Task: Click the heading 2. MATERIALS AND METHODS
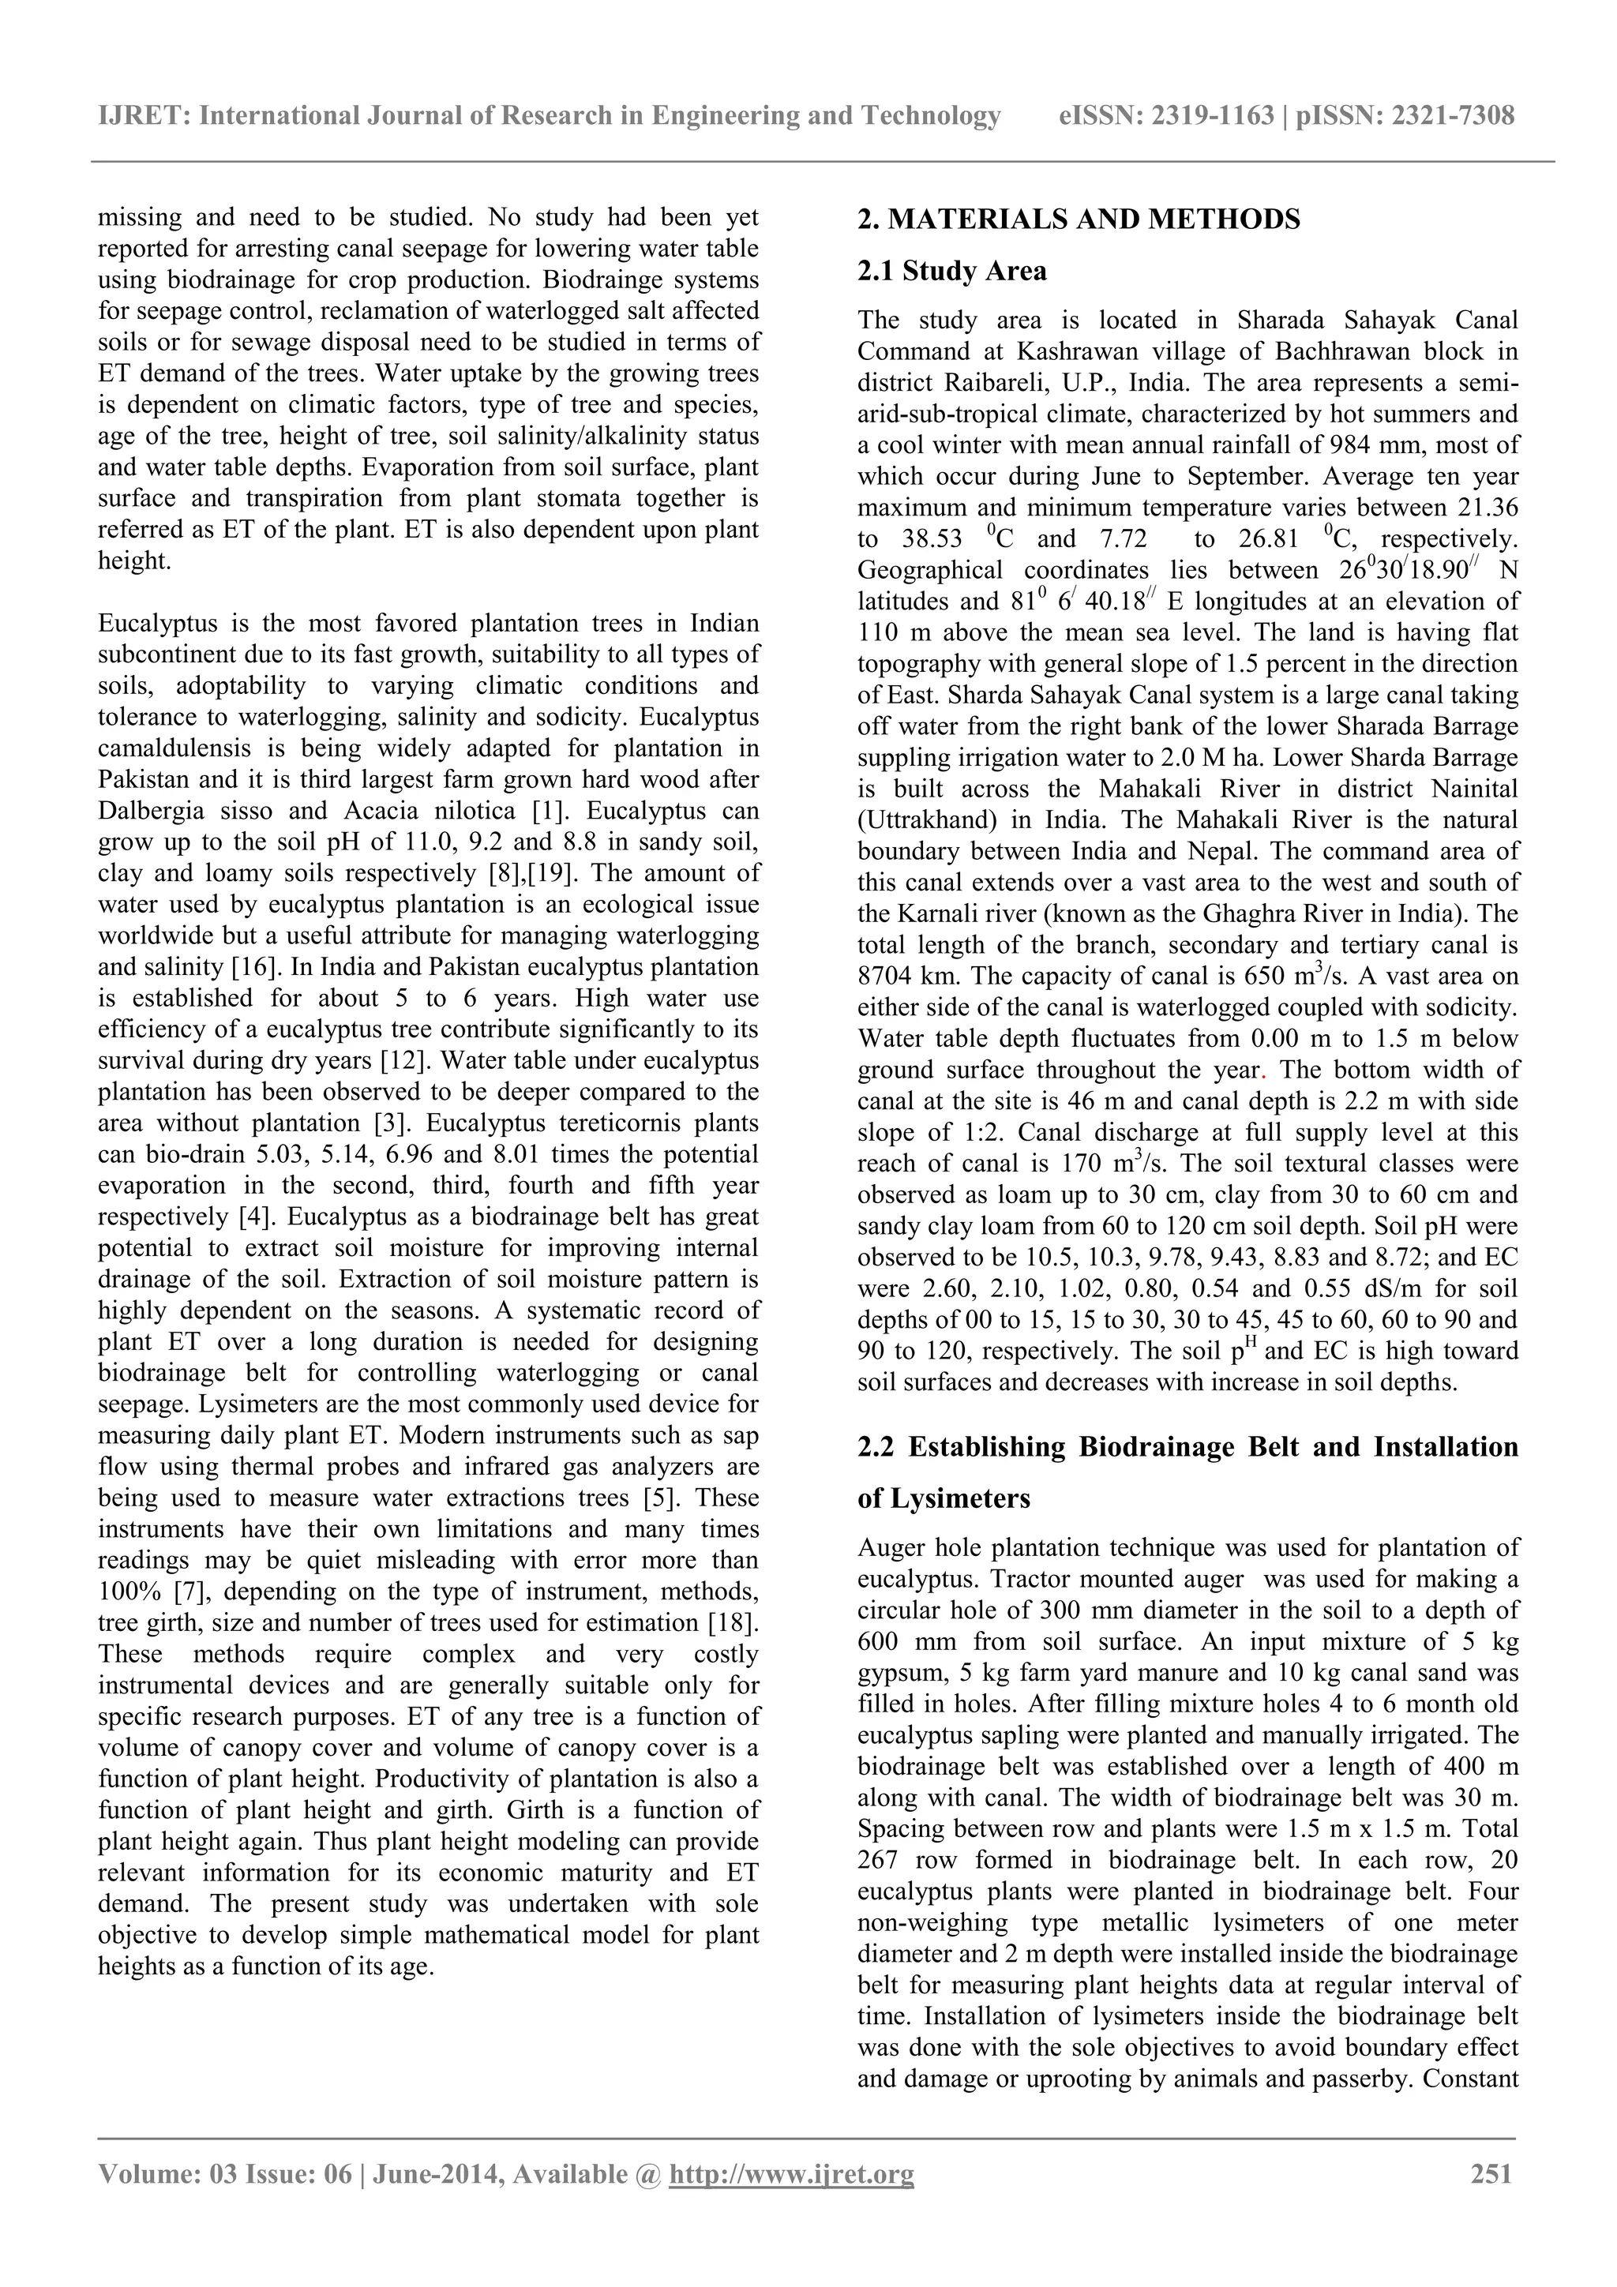(x=1079, y=219)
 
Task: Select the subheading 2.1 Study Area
(x=951, y=271)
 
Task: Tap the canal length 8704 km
(x=905, y=977)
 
